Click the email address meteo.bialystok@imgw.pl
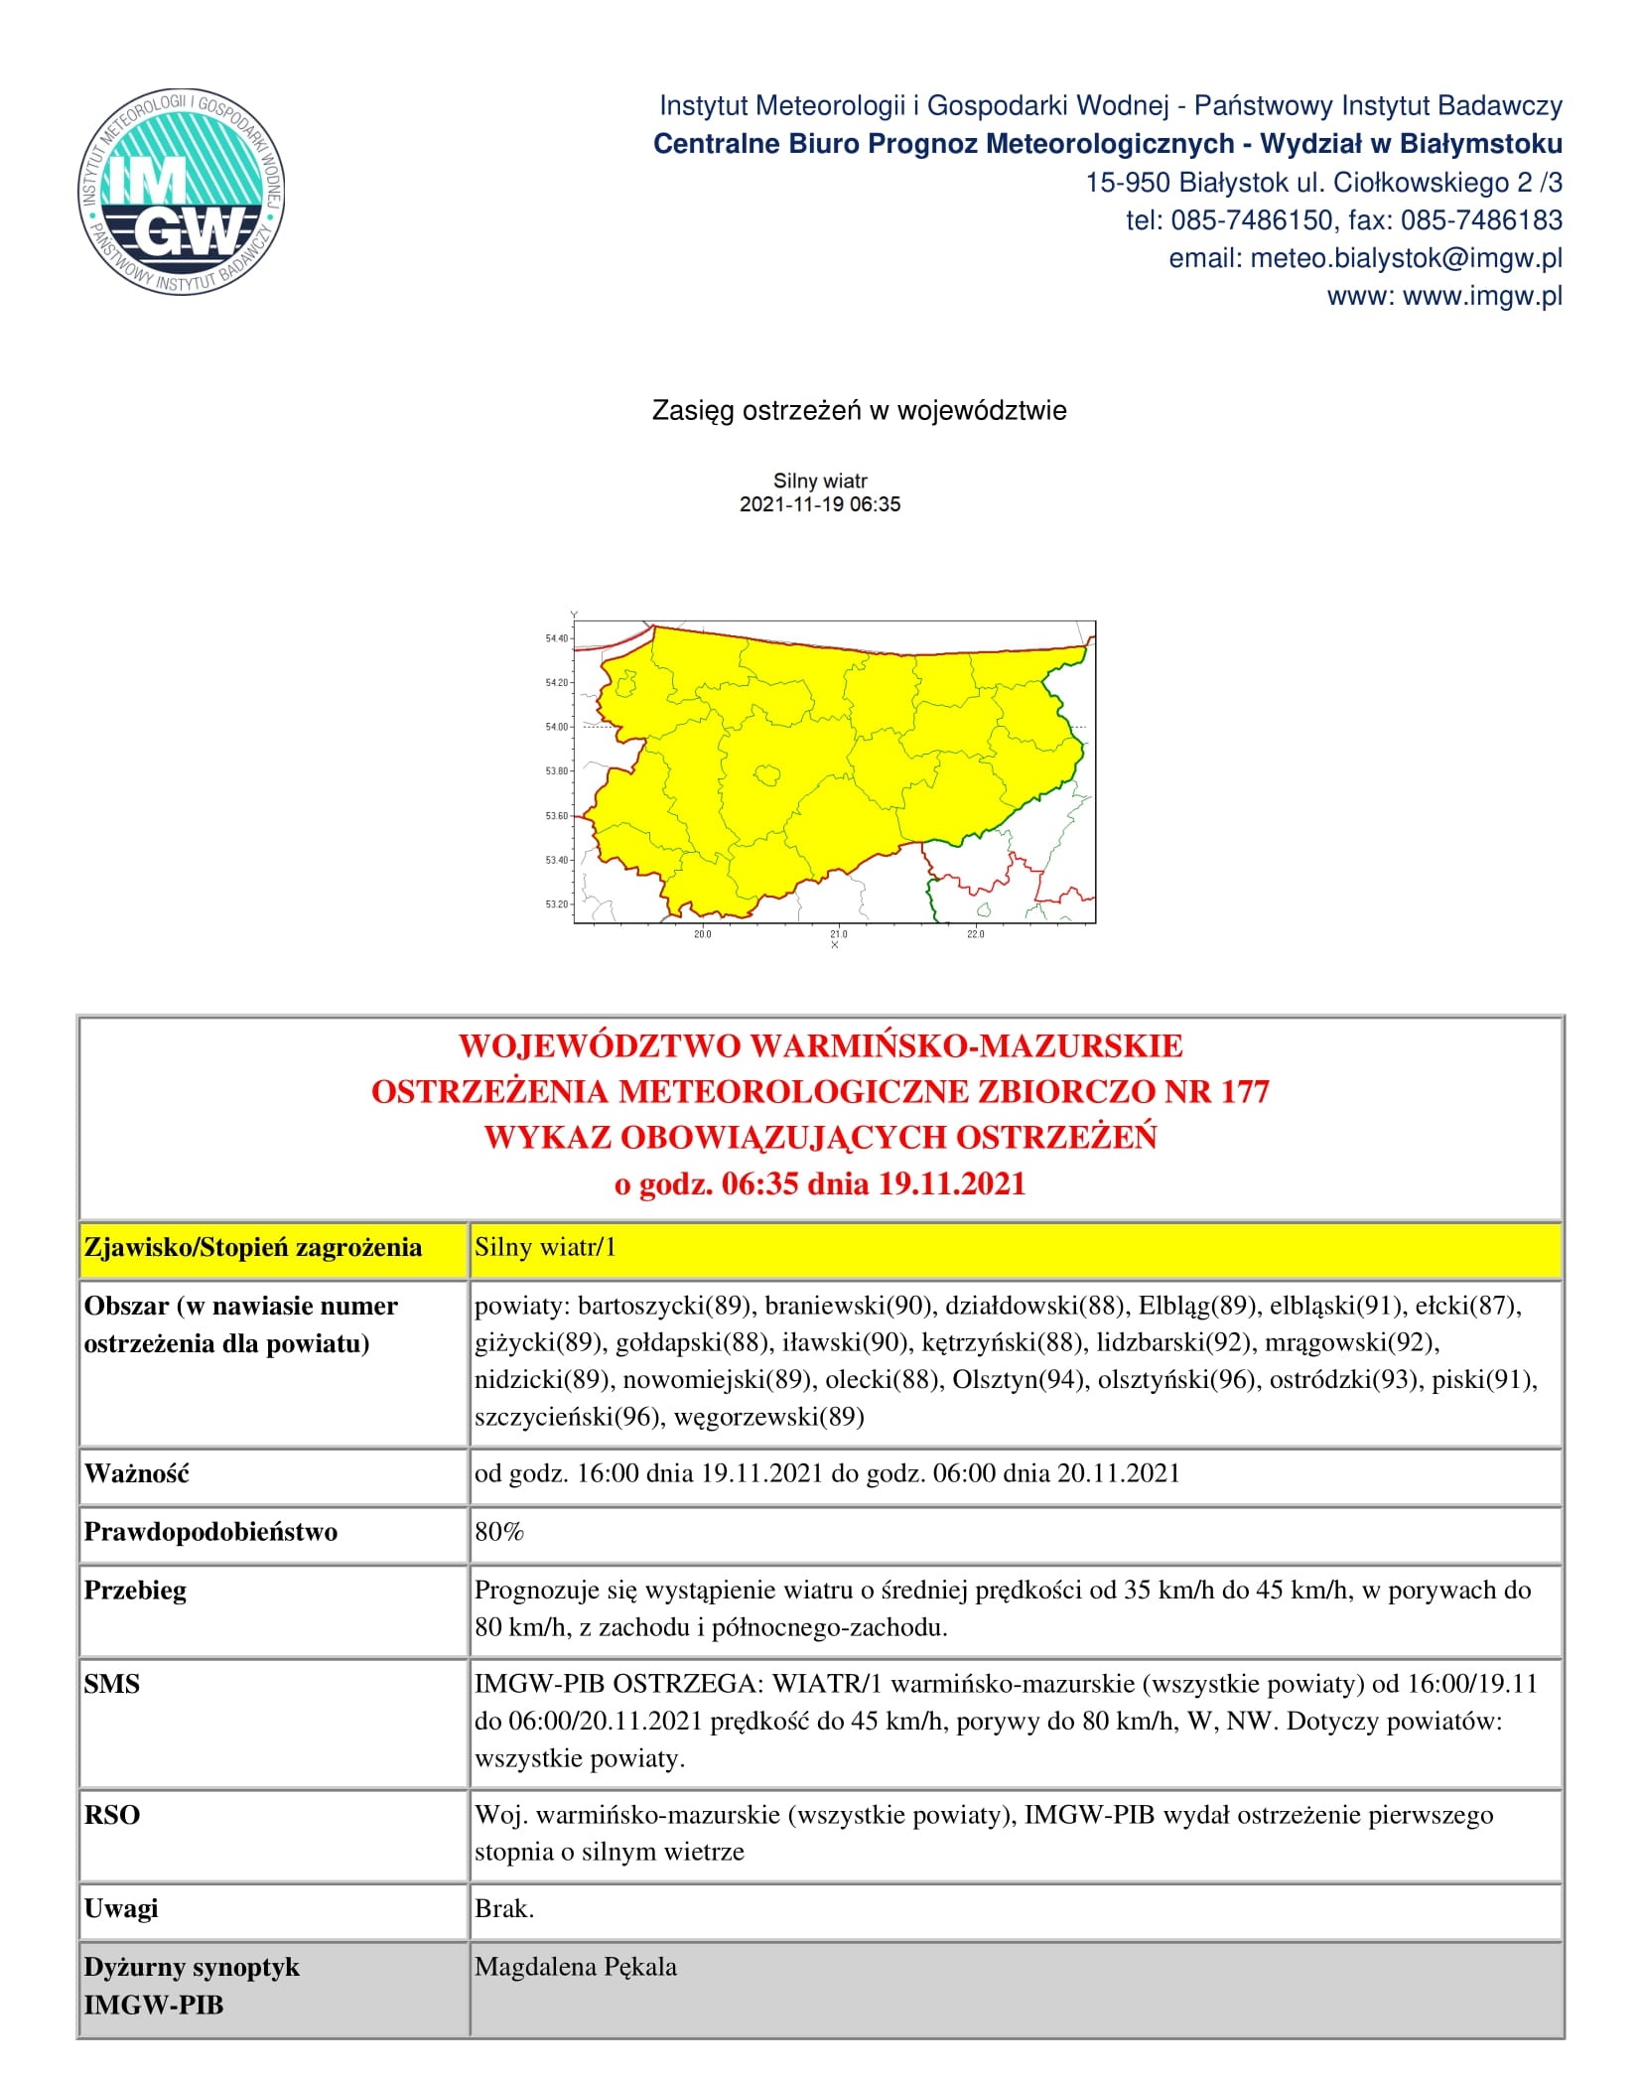tap(1406, 258)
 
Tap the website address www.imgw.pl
tap(1482, 296)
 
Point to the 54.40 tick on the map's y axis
tap(556, 638)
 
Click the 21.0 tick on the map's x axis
tap(839, 934)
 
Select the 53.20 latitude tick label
tap(556, 904)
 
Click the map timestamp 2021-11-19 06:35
tap(820, 504)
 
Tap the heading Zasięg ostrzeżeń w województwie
tap(859, 410)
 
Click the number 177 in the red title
tap(1245, 1091)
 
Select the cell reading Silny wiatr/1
tap(545, 1247)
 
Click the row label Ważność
tap(136, 1473)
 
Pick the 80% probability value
tap(498, 1531)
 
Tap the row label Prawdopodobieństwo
tap(210, 1532)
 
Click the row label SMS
tap(111, 1684)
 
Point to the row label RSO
tap(111, 1815)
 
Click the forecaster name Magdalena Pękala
tap(576, 1967)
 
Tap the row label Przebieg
tap(135, 1591)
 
